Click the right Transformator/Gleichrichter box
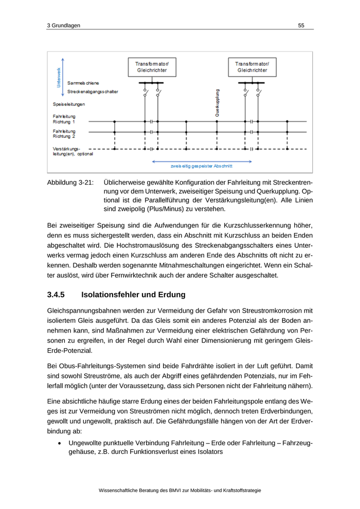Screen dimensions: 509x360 tap(252, 67)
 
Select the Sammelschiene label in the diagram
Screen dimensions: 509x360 tap(83, 83)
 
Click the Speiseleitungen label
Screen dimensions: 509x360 tap(69, 104)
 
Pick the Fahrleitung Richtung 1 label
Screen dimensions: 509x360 tap(64, 119)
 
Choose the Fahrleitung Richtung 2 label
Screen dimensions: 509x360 tap(64, 134)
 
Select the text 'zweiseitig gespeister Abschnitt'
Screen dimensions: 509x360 tap(201, 166)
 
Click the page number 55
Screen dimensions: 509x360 tap(301, 25)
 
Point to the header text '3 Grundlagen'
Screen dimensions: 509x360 tap(63, 25)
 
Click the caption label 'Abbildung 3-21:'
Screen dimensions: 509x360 tap(70, 183)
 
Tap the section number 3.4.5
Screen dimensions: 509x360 tap(56, 295)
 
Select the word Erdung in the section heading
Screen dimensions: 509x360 tap(171, 295)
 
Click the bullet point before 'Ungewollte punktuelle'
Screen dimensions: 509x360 tap(61, 443)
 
